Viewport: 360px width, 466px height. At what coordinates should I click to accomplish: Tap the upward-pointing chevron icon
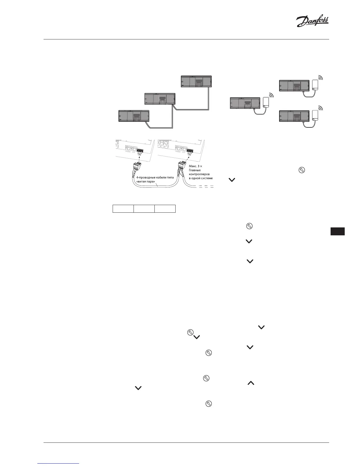251,383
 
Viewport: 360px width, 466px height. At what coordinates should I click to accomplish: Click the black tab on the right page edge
337,231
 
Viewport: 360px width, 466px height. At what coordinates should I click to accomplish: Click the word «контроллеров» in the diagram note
199,174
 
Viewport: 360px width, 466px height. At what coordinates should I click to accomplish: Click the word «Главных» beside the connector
195,170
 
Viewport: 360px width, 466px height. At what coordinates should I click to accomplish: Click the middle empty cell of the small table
144,209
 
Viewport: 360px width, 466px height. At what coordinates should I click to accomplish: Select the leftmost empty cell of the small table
123,209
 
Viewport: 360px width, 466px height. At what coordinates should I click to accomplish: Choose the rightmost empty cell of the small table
165,209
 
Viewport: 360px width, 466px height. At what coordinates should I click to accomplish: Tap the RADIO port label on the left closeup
128,152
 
